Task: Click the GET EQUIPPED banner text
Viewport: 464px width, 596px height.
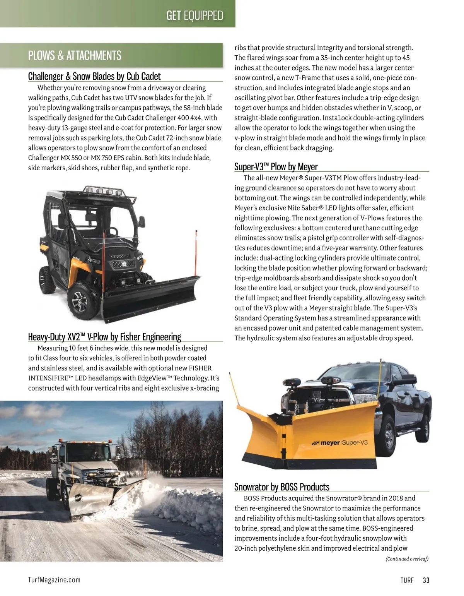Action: click(194, 15)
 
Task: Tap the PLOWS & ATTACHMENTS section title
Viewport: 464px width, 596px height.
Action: click(75, 56)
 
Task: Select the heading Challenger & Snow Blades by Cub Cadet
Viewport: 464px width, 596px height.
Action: click(94, 76)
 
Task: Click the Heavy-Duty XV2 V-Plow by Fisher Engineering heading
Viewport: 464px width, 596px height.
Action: click(104, 337)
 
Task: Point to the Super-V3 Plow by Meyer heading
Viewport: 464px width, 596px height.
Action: click(276, 167)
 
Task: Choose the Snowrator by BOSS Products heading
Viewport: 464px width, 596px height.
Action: click(281, 487)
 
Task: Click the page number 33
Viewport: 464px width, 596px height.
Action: click(426, 580)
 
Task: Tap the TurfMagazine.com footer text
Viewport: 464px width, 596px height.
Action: click(54, 579)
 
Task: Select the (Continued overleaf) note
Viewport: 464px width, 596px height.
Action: click(407, 558)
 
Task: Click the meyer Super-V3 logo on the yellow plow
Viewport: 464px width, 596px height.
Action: click(340, 443)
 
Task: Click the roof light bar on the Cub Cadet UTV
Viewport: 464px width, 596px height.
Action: click(101, 190)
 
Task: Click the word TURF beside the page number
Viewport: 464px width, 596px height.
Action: click(407, 580)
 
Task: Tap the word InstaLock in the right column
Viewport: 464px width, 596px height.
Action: click(249, 118)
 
